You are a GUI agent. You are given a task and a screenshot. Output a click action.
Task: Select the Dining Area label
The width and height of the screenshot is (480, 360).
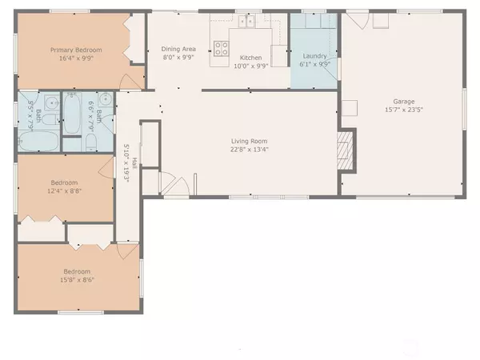(x=179, y=48)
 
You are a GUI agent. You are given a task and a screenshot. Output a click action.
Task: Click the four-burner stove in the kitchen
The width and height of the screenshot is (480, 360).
(x=221, y=48)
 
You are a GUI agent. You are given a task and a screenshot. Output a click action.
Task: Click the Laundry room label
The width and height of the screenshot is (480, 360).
(x=314, y=56)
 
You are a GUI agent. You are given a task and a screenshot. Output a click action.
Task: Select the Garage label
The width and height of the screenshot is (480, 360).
(x=403, y=101)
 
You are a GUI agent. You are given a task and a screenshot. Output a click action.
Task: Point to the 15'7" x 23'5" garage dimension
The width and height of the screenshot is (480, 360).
(x=403, y=110)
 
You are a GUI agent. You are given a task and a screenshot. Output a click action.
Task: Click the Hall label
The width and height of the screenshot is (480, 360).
(x=134, y=163)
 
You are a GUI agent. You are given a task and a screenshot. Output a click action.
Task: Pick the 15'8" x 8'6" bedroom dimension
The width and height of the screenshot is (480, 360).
(x=78, y=280)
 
